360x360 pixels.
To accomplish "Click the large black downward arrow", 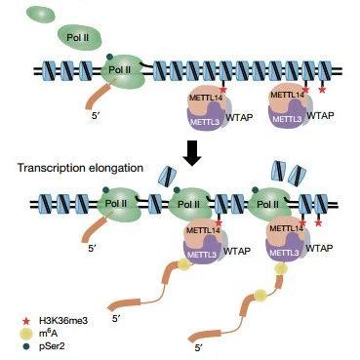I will point(191,152).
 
